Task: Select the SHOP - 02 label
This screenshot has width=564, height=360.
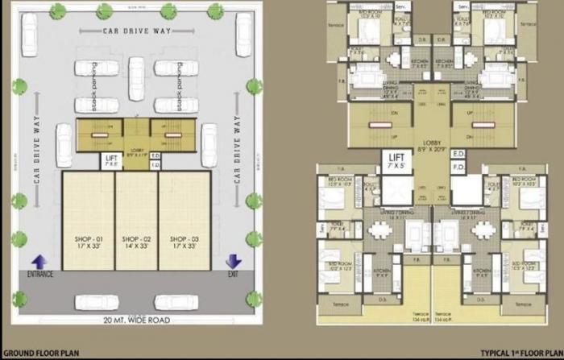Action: coord(135,239)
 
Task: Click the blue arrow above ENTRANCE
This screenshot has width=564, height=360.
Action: coord(37,261)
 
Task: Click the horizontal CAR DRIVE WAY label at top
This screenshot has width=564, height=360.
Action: coord(135,31)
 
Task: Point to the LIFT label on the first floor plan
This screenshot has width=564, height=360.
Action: coord(396,157)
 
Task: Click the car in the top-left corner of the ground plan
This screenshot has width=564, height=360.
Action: coord(28,32)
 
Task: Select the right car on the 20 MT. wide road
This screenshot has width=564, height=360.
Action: coord(176,302)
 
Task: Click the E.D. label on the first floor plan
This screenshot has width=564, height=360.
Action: coord(459,153)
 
